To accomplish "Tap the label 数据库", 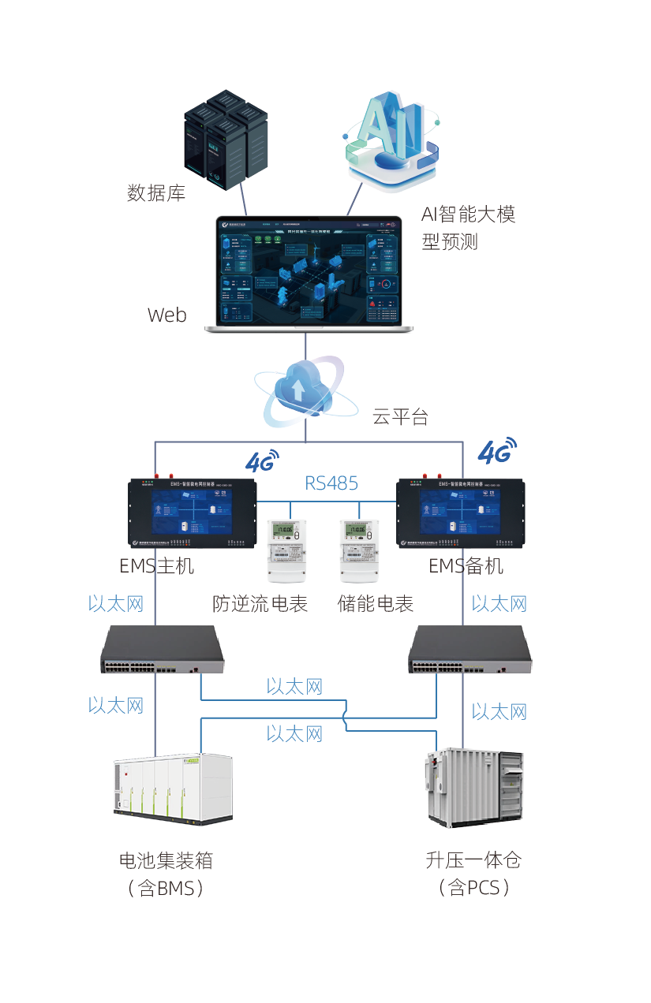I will [156, 192].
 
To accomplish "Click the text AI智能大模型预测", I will [467, 227].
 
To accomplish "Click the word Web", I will [167, 315].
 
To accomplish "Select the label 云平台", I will [400, 417].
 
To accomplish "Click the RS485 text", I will [331, 483].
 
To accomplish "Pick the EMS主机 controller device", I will [193, 513].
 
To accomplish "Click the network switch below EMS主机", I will [163, 650].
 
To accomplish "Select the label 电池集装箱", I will [166, 860].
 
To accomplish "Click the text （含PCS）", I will [473, 889].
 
